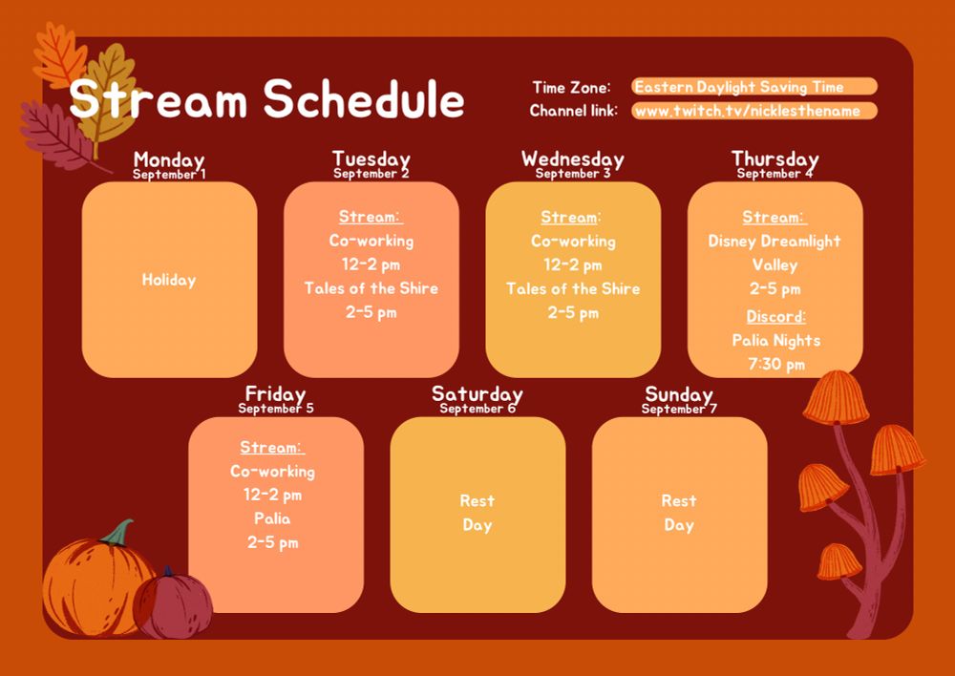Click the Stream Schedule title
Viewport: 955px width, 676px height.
(x=266, y=99)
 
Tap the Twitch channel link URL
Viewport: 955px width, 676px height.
(x=748, y=111)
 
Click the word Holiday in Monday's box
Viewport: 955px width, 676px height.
(x=169, y=280)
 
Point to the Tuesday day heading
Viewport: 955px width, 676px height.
(x=371, y=158)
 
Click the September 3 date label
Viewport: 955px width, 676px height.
(x=573, y=174)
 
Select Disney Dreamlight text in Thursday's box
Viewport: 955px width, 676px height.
(x=775, y=242)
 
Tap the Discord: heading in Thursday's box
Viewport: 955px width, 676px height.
(x=775, y=316)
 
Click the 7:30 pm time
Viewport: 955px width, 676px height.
(x=775, y=364)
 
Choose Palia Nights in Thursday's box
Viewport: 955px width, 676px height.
(x=775, y=340)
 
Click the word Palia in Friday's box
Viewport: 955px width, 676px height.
(x=272, y=518)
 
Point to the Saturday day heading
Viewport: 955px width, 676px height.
(x=477, y=393)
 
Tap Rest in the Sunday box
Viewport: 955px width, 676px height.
(x=679, y=500)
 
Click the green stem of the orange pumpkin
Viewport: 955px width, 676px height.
(x=119, y=532)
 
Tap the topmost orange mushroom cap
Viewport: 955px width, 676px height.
(x=836, y=397)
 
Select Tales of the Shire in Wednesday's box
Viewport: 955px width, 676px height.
(x=573, y=288)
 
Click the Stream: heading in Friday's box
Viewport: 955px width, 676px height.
(x=272, y=447)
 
